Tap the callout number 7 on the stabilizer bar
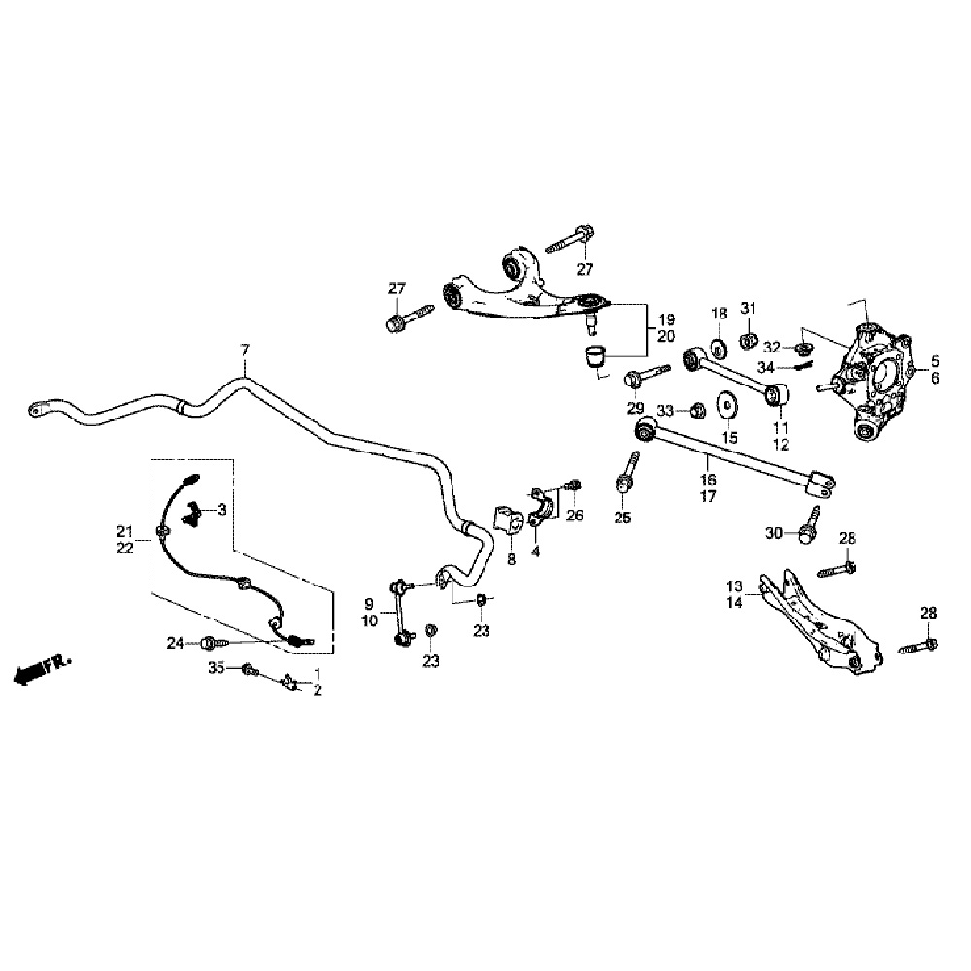click(245, 349)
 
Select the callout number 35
click(217, 667)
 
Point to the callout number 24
click(175, 642)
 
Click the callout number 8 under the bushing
click(511, 560)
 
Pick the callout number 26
click(575, 515)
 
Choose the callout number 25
click(622, 518)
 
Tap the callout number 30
click(773, 532)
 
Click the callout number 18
click(719, 313)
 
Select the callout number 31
click(748, 309)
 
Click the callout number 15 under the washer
click(728, 437)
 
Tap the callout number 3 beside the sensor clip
click(222, 508)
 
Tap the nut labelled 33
click(696, 411)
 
